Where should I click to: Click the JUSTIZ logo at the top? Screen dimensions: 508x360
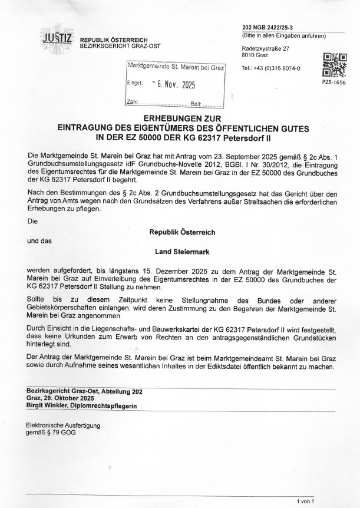[x=57, y=38]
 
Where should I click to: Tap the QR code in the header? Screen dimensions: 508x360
[x=334, y=65]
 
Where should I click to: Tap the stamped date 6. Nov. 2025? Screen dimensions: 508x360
[x=173, y=85]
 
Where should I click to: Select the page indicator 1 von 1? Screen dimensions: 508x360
[x=306, y=501]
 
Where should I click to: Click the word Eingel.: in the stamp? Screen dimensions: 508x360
[x=136, y=84]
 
